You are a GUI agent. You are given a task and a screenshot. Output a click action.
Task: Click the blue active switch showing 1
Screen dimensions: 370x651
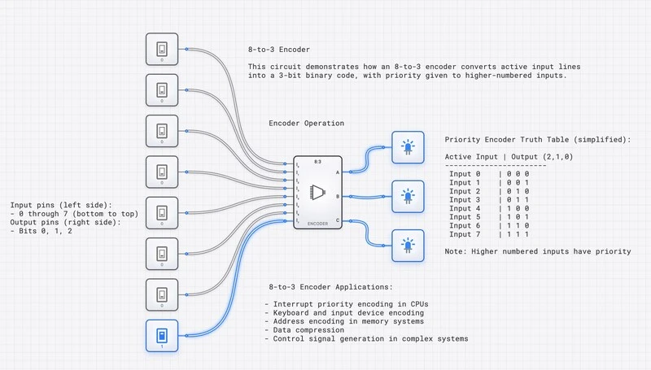point(162,335)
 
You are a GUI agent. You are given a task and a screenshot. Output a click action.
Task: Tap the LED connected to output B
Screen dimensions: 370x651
point(406,196)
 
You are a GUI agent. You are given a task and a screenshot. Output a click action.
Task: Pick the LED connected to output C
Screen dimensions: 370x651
point(406,244)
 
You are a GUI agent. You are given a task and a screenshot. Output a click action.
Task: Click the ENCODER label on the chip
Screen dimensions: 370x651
point(318,223)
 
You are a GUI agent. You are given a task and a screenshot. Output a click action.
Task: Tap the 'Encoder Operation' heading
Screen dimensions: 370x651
point(306,124)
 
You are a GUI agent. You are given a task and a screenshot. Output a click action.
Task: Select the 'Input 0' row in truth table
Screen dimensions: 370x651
point(465,173)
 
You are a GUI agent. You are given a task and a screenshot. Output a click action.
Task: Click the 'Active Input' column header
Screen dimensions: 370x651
point(474,155)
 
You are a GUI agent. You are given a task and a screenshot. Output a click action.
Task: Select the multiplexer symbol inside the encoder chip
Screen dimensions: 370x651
point(317,193)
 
